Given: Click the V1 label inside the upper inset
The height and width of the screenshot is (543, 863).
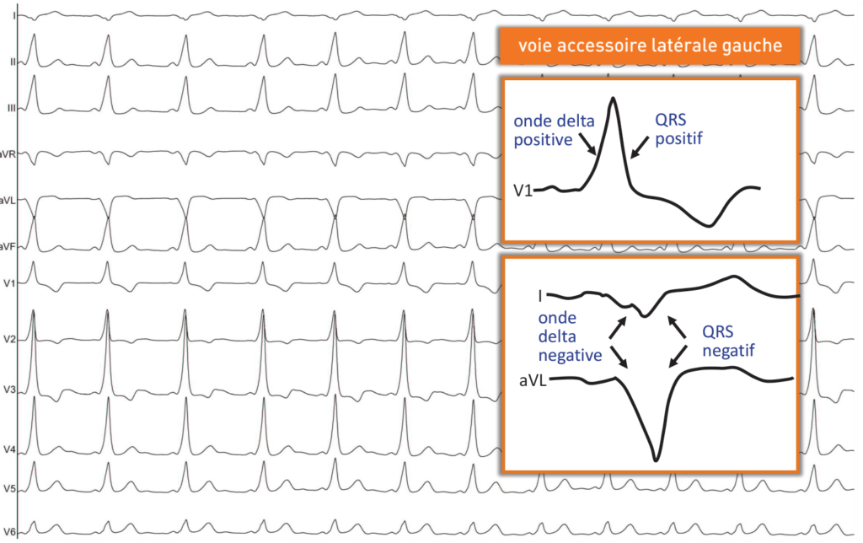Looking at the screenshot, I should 523,191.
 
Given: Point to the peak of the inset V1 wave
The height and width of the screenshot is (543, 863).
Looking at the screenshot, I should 613,99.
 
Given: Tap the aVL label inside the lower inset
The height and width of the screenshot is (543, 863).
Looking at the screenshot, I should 533,381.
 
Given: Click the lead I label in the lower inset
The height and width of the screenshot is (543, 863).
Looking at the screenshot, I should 540,296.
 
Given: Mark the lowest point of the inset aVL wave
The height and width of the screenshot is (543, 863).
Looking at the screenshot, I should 657,460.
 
